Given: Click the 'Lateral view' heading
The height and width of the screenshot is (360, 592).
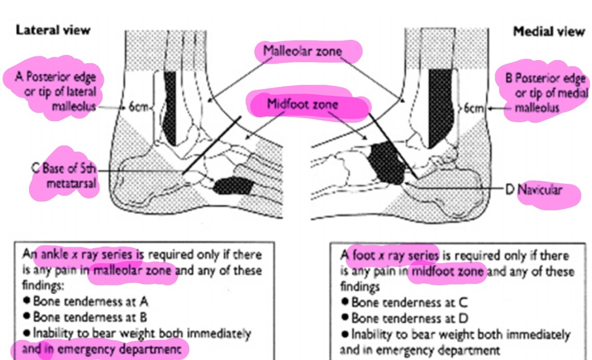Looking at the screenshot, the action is click(x=53, y=30).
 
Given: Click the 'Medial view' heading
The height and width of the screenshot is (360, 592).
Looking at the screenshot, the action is click(x=548, y=32).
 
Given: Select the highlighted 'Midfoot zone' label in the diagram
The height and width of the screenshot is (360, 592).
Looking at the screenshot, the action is click(x=302, y=104).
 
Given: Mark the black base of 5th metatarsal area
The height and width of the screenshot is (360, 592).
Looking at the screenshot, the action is click(x=233, y=185).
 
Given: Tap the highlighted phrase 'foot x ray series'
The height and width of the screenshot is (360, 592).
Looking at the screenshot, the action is click(x=395, y=255).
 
